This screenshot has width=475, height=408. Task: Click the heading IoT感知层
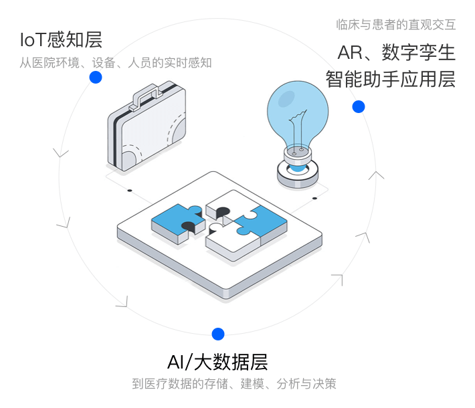point(61,40)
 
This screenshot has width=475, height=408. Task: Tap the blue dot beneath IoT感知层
point(96,77)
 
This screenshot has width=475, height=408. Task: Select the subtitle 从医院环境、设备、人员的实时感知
point(115,63)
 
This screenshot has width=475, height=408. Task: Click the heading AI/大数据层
point(217,363)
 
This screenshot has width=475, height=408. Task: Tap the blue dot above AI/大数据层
point(217,334)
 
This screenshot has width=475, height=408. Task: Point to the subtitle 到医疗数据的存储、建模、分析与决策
point(233,384)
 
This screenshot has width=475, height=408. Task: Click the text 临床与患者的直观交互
point(395,25)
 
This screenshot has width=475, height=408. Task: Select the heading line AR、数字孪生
point(396,52)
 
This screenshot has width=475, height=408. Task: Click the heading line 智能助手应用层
point(391,79)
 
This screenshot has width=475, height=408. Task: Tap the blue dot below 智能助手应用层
point(359,106)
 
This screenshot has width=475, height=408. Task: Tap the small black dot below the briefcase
point(130,190)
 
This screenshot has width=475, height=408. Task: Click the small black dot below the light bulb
point(314,198)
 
